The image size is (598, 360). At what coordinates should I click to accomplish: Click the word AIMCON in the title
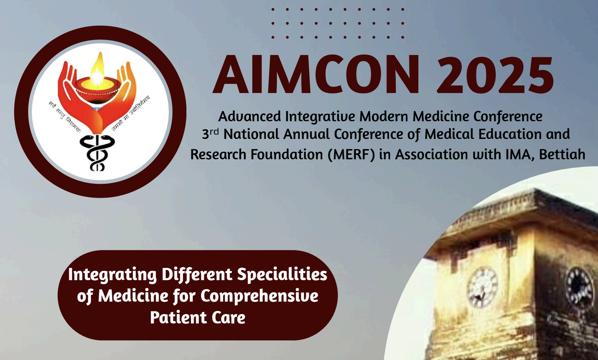pyautogui.click(x=316, y=75)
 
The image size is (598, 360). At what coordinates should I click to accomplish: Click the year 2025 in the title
pyautogui.click(x=495, y=75)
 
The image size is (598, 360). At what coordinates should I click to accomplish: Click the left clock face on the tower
pyautogui.click(x=482, y=287)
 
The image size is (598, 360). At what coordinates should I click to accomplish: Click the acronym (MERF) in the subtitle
pyautogui.click(x=351, y=155)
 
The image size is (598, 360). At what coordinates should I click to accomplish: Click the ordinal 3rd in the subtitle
pyautogui.click(x=210, y=134)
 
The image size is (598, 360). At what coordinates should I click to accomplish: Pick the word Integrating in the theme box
pyautogui.click(x=112, y=275)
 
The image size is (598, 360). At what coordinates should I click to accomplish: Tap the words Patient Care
pyautogui.click(x=198, y=317)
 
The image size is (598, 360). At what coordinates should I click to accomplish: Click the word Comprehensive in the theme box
pyautogui.click(x=259, y=296)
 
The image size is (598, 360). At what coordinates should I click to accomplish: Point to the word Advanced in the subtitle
pyautogui.click(x=250, y=116)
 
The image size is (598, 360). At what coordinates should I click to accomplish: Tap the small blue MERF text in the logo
pyautogui.click(x=97, y=108)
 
